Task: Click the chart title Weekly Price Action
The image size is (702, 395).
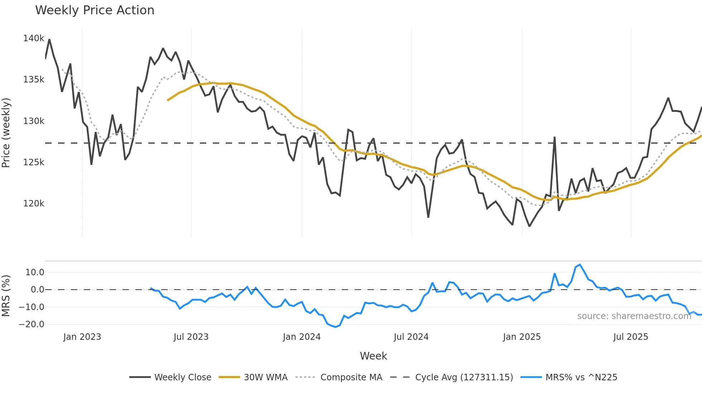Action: (95, 10)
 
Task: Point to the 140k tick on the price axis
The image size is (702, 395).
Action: (34, 38)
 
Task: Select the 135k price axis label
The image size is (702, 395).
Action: (34, 80)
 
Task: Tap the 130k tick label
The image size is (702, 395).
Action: (34, 121)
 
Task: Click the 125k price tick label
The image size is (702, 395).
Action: (34, 162)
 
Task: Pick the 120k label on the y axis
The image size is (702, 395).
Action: (34, 204)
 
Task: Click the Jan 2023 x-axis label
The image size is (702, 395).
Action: (82, 337)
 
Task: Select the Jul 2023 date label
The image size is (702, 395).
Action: (191, 337)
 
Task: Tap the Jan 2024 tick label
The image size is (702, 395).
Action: (302, 337)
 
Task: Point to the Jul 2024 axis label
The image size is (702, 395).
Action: (411, 337)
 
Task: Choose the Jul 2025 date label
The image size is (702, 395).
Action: (631, 337)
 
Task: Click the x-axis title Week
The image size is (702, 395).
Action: (373, 356)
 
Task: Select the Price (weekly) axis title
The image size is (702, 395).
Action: (6, 133)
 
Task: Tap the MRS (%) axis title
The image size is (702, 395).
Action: (6, 296)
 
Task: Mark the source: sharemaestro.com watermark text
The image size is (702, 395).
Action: (634, 316)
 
